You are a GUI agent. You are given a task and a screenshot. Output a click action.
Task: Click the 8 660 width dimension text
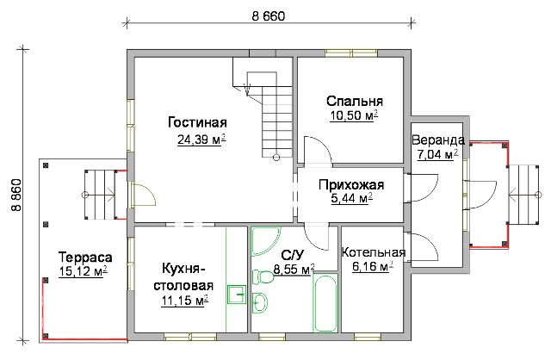click(268, 16)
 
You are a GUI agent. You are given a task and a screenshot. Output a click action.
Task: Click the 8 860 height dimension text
click(16, 196)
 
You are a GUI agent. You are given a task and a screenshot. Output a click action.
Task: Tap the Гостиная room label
click(197, 122)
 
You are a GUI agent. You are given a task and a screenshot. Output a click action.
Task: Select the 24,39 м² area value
click(201, 140)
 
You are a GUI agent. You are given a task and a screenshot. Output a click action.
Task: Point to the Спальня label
click(355, 102)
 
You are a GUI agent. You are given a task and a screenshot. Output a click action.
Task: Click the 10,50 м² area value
click(354, 115)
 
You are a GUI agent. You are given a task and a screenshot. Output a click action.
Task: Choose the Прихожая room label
click(351, 185)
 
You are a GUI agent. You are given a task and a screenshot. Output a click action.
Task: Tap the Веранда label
click(438, 140)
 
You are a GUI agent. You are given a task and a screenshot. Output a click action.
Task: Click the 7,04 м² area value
click(437, 154)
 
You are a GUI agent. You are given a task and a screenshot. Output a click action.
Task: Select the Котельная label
click(374, 252)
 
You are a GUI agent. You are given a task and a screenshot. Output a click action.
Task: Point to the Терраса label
click(85, 258)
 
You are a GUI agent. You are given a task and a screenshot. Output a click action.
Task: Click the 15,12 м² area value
click(83, 271)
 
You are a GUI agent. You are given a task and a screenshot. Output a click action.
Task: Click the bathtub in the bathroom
click(325, 303)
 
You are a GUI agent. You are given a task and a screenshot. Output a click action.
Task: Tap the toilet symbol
click(263, 276)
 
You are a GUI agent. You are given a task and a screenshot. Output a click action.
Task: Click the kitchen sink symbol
click(237, 294)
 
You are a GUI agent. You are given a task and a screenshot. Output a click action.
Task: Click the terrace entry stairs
click(100, 195)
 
